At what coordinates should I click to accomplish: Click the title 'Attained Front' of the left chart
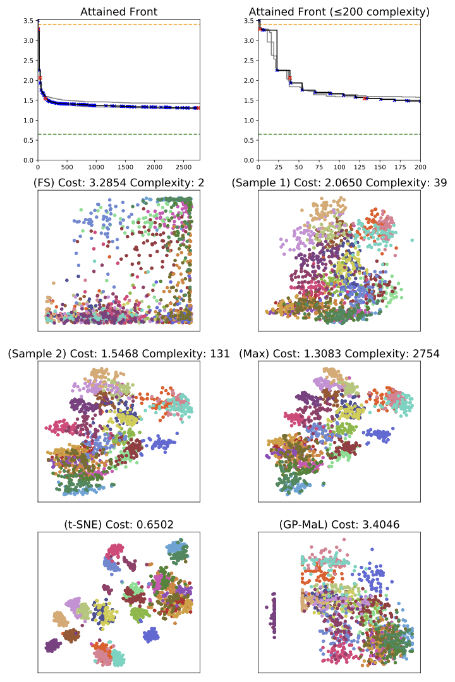[119, 11]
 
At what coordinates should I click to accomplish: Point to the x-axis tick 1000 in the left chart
[96, 167]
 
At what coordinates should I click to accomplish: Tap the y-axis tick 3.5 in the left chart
[28, 21]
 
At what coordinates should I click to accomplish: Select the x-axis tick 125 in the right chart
[360, 167]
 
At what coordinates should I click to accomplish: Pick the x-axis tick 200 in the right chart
[420, 167]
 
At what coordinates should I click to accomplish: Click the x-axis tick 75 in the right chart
[319, 167]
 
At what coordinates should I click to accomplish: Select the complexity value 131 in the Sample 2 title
[219, 354]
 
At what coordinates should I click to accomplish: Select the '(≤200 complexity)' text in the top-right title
[377, 11]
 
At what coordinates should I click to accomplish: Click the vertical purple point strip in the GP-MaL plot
[274, 616]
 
